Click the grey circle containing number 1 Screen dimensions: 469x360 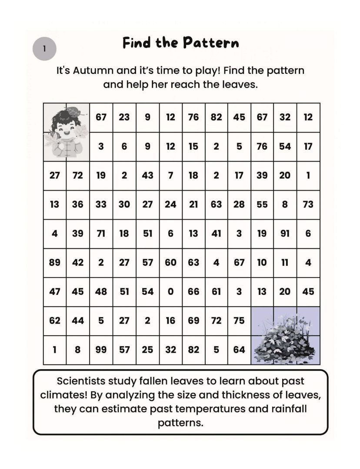(44, 49)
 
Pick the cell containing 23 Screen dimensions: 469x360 (124, 117)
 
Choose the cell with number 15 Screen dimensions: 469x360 (193, 146)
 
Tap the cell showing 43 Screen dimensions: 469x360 (147, 175)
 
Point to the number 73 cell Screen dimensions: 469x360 (308, 205)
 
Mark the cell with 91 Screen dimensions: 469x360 (285, 234)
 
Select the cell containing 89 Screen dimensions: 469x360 (55, 263)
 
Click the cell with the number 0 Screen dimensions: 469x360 (170, 292)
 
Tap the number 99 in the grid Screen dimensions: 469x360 (101, 350)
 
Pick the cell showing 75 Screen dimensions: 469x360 (239, 320)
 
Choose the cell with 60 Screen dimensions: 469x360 (170, 263)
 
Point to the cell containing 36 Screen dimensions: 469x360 (78, 205)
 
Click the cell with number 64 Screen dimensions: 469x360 (239, 350)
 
